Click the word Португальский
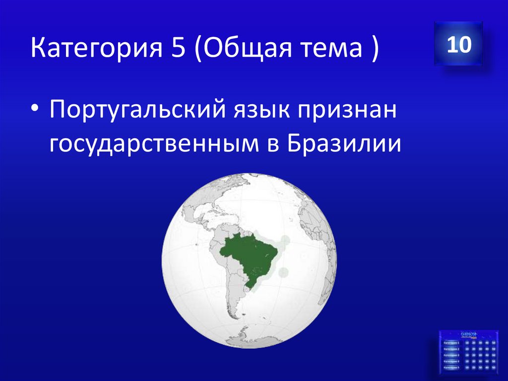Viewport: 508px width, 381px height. [x=135, y=110]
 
